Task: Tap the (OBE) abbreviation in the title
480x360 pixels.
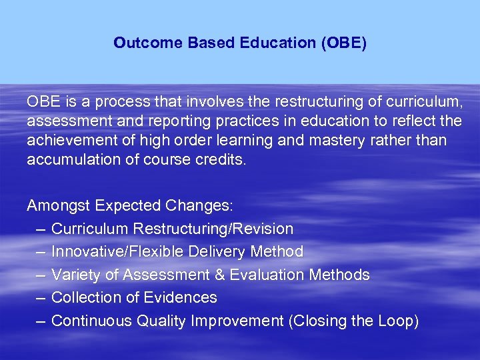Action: coord(343,43)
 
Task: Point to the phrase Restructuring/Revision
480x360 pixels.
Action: coord(213,229)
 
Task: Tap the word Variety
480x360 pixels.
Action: coord(73,275)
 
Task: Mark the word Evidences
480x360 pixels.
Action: coord(183,297)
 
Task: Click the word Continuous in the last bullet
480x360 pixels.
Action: coord(92,321)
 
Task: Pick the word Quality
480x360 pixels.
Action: coord(162,321)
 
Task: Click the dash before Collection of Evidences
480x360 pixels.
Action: coord(39,297)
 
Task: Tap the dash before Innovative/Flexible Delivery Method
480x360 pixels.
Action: coord(39,252)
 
